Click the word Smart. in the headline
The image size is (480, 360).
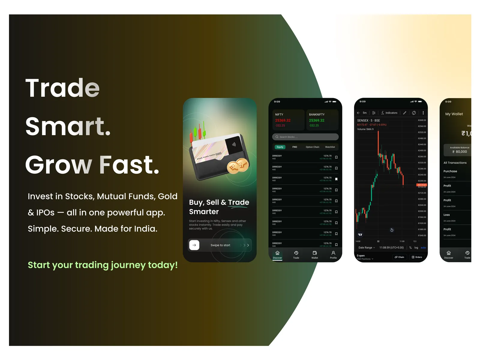(68, 126)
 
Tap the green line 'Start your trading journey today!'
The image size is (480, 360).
(103, 265)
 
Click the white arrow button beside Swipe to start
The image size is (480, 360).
(194, 245)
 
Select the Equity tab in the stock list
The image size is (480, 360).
(280, 147)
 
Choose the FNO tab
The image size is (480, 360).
(295, 147)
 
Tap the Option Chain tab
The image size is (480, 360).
(312, 147)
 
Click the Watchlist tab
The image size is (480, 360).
(330, 147)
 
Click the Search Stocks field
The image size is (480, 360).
(305, 137)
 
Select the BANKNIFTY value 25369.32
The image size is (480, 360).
(316, 121)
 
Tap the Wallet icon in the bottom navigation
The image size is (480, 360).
(315, 255)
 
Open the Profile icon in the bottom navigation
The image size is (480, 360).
(333, 255)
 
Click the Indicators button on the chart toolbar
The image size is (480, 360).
(389, 113)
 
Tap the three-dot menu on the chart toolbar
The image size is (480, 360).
(423, 113)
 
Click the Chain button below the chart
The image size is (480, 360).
(399, 257)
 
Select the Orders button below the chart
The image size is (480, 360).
(417, 257)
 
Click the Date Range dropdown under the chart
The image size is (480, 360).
(366, 248)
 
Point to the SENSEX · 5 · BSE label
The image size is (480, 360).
(368, 121)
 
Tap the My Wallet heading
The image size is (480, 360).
(454, 114)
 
